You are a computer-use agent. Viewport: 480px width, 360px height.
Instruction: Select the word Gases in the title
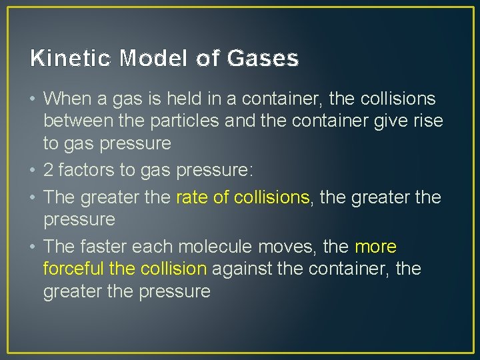pos(263,59)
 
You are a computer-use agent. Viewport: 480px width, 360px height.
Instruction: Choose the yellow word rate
pos(192,197)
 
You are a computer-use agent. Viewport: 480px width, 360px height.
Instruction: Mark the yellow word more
pos(375,247)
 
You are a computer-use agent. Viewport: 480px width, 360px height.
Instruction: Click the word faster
pos(103,247)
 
